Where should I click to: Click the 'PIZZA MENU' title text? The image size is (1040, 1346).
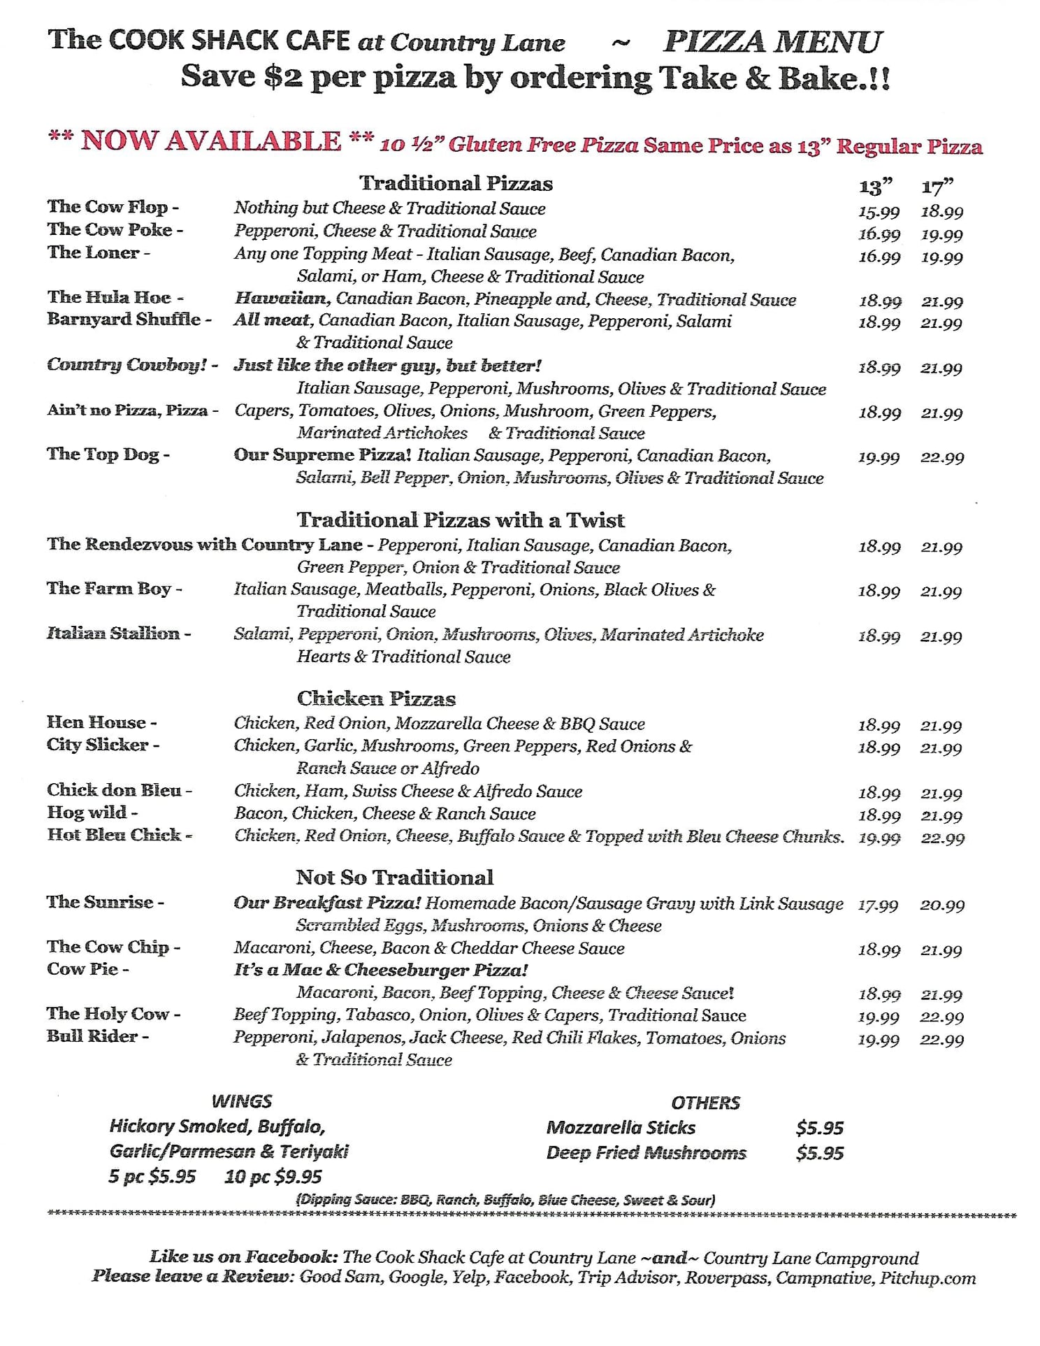coord(772,42)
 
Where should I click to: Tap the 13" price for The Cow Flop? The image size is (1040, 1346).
coord(879,212)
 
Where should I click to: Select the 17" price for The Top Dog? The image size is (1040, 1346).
coord(942,457)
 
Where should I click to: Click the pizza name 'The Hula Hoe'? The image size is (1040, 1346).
coord(109,297)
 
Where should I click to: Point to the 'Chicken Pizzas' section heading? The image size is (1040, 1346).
coord(376,698)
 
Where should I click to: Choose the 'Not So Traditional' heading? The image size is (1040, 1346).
coord(394,877)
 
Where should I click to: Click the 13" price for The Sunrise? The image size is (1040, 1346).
coord(878,905)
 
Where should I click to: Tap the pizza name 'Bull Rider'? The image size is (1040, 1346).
coord(92,1036)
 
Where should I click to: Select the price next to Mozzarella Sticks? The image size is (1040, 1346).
coord(819,1127)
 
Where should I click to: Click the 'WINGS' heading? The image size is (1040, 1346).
coord(241,1101)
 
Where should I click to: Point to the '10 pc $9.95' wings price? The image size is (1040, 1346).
coord(273,1176)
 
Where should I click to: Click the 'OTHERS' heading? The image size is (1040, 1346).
coord(705,1103)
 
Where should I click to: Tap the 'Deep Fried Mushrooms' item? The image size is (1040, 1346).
coord(646,1152)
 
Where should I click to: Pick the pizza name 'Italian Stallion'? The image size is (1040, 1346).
coord(113,633)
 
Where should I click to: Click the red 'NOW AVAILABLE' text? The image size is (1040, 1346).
coord(210,141)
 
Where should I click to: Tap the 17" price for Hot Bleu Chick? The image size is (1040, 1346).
coord(942,838)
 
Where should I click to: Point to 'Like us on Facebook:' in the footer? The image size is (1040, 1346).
coord(244,1256)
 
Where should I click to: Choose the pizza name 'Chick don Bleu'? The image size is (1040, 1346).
coord(114,790)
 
